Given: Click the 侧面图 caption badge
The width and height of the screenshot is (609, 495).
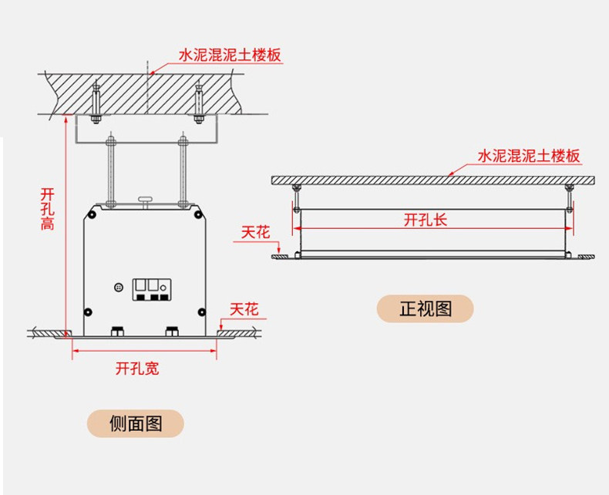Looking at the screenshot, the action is tap(135, 423).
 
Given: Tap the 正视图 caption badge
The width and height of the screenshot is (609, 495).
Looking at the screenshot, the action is tap(426, 308).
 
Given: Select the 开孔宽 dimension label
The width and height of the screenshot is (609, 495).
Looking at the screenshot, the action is tap(137, 369).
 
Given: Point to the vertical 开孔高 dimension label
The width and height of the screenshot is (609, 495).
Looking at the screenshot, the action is tap(47, 209).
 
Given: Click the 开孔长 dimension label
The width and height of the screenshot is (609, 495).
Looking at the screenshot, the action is tap(426, 220).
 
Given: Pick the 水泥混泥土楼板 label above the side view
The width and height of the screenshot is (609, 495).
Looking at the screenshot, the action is tap(230, 56).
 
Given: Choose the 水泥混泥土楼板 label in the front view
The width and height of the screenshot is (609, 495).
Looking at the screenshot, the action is tap(529, 156).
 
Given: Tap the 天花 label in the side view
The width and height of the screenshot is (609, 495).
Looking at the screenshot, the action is tap(244, 310).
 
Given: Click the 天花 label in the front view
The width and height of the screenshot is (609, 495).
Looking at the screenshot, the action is tap(256, 232).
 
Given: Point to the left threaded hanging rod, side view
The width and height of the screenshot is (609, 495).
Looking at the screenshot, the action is tap(111, 171).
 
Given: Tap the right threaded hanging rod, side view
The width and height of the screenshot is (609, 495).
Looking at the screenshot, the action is tap(183, 171).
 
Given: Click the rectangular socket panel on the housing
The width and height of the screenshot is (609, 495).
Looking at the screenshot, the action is tap(152, 290).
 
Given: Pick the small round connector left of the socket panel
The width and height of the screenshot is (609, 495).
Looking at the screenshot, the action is tap(119, 288).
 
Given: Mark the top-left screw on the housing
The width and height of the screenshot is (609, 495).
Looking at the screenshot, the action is tap(92, 214).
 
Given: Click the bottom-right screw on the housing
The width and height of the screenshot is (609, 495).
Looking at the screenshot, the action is tap(201, 312).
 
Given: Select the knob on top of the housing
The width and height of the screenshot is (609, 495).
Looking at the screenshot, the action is tap(145, 200).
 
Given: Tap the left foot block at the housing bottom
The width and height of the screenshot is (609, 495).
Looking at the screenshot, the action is tap(117, 332).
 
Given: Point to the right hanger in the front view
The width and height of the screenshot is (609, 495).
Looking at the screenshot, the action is tap(570, 198).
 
